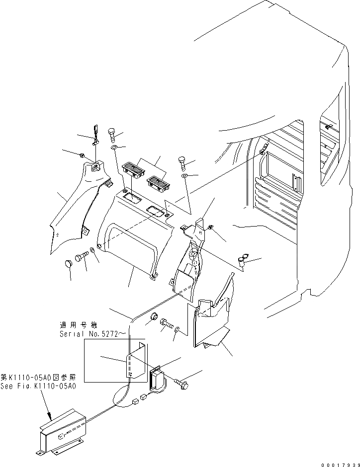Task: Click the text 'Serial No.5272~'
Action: point(88,334)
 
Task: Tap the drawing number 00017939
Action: point(339,463)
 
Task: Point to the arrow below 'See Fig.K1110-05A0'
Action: point(49,410)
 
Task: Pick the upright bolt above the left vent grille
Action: point(112,134)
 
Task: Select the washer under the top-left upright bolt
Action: point(113,148)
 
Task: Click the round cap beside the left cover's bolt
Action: point(70,264)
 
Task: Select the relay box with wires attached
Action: point(158,378)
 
